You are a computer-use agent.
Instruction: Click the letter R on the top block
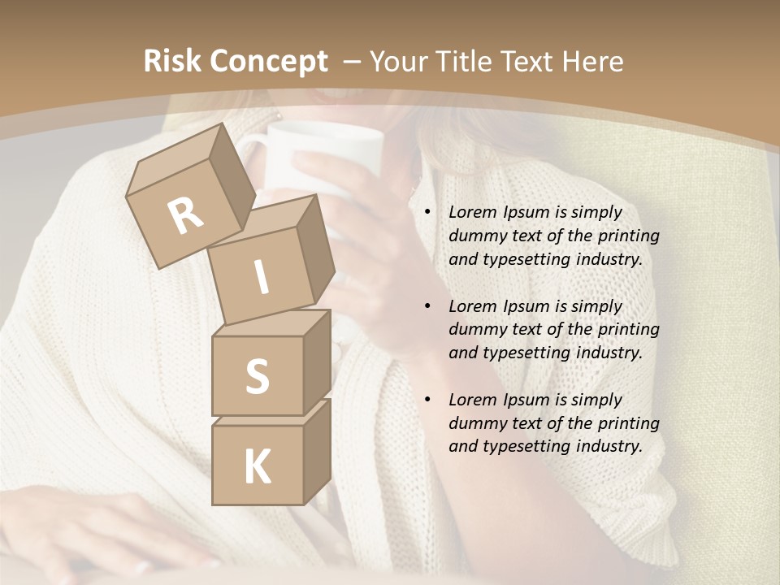click(x=185, y=215)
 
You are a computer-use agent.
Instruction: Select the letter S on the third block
click(x=257, y=376)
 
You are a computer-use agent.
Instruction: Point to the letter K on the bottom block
click(x=257, y=466)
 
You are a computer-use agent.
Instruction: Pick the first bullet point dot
click(x=427, y=212)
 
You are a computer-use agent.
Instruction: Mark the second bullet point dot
click(x=427, y=306)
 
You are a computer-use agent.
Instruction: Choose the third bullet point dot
click(x=427, y=400)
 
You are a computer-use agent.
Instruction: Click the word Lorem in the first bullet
click(x=470, y=212)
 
